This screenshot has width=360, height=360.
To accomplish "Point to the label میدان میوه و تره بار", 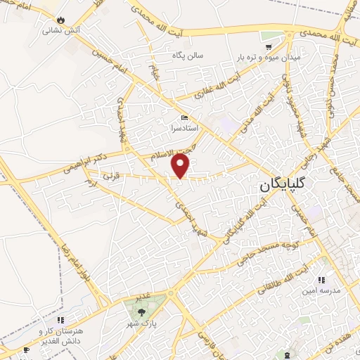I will [277, 55].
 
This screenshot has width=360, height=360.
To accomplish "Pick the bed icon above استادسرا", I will [184, 117].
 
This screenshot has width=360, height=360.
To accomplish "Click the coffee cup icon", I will [27, 349].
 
